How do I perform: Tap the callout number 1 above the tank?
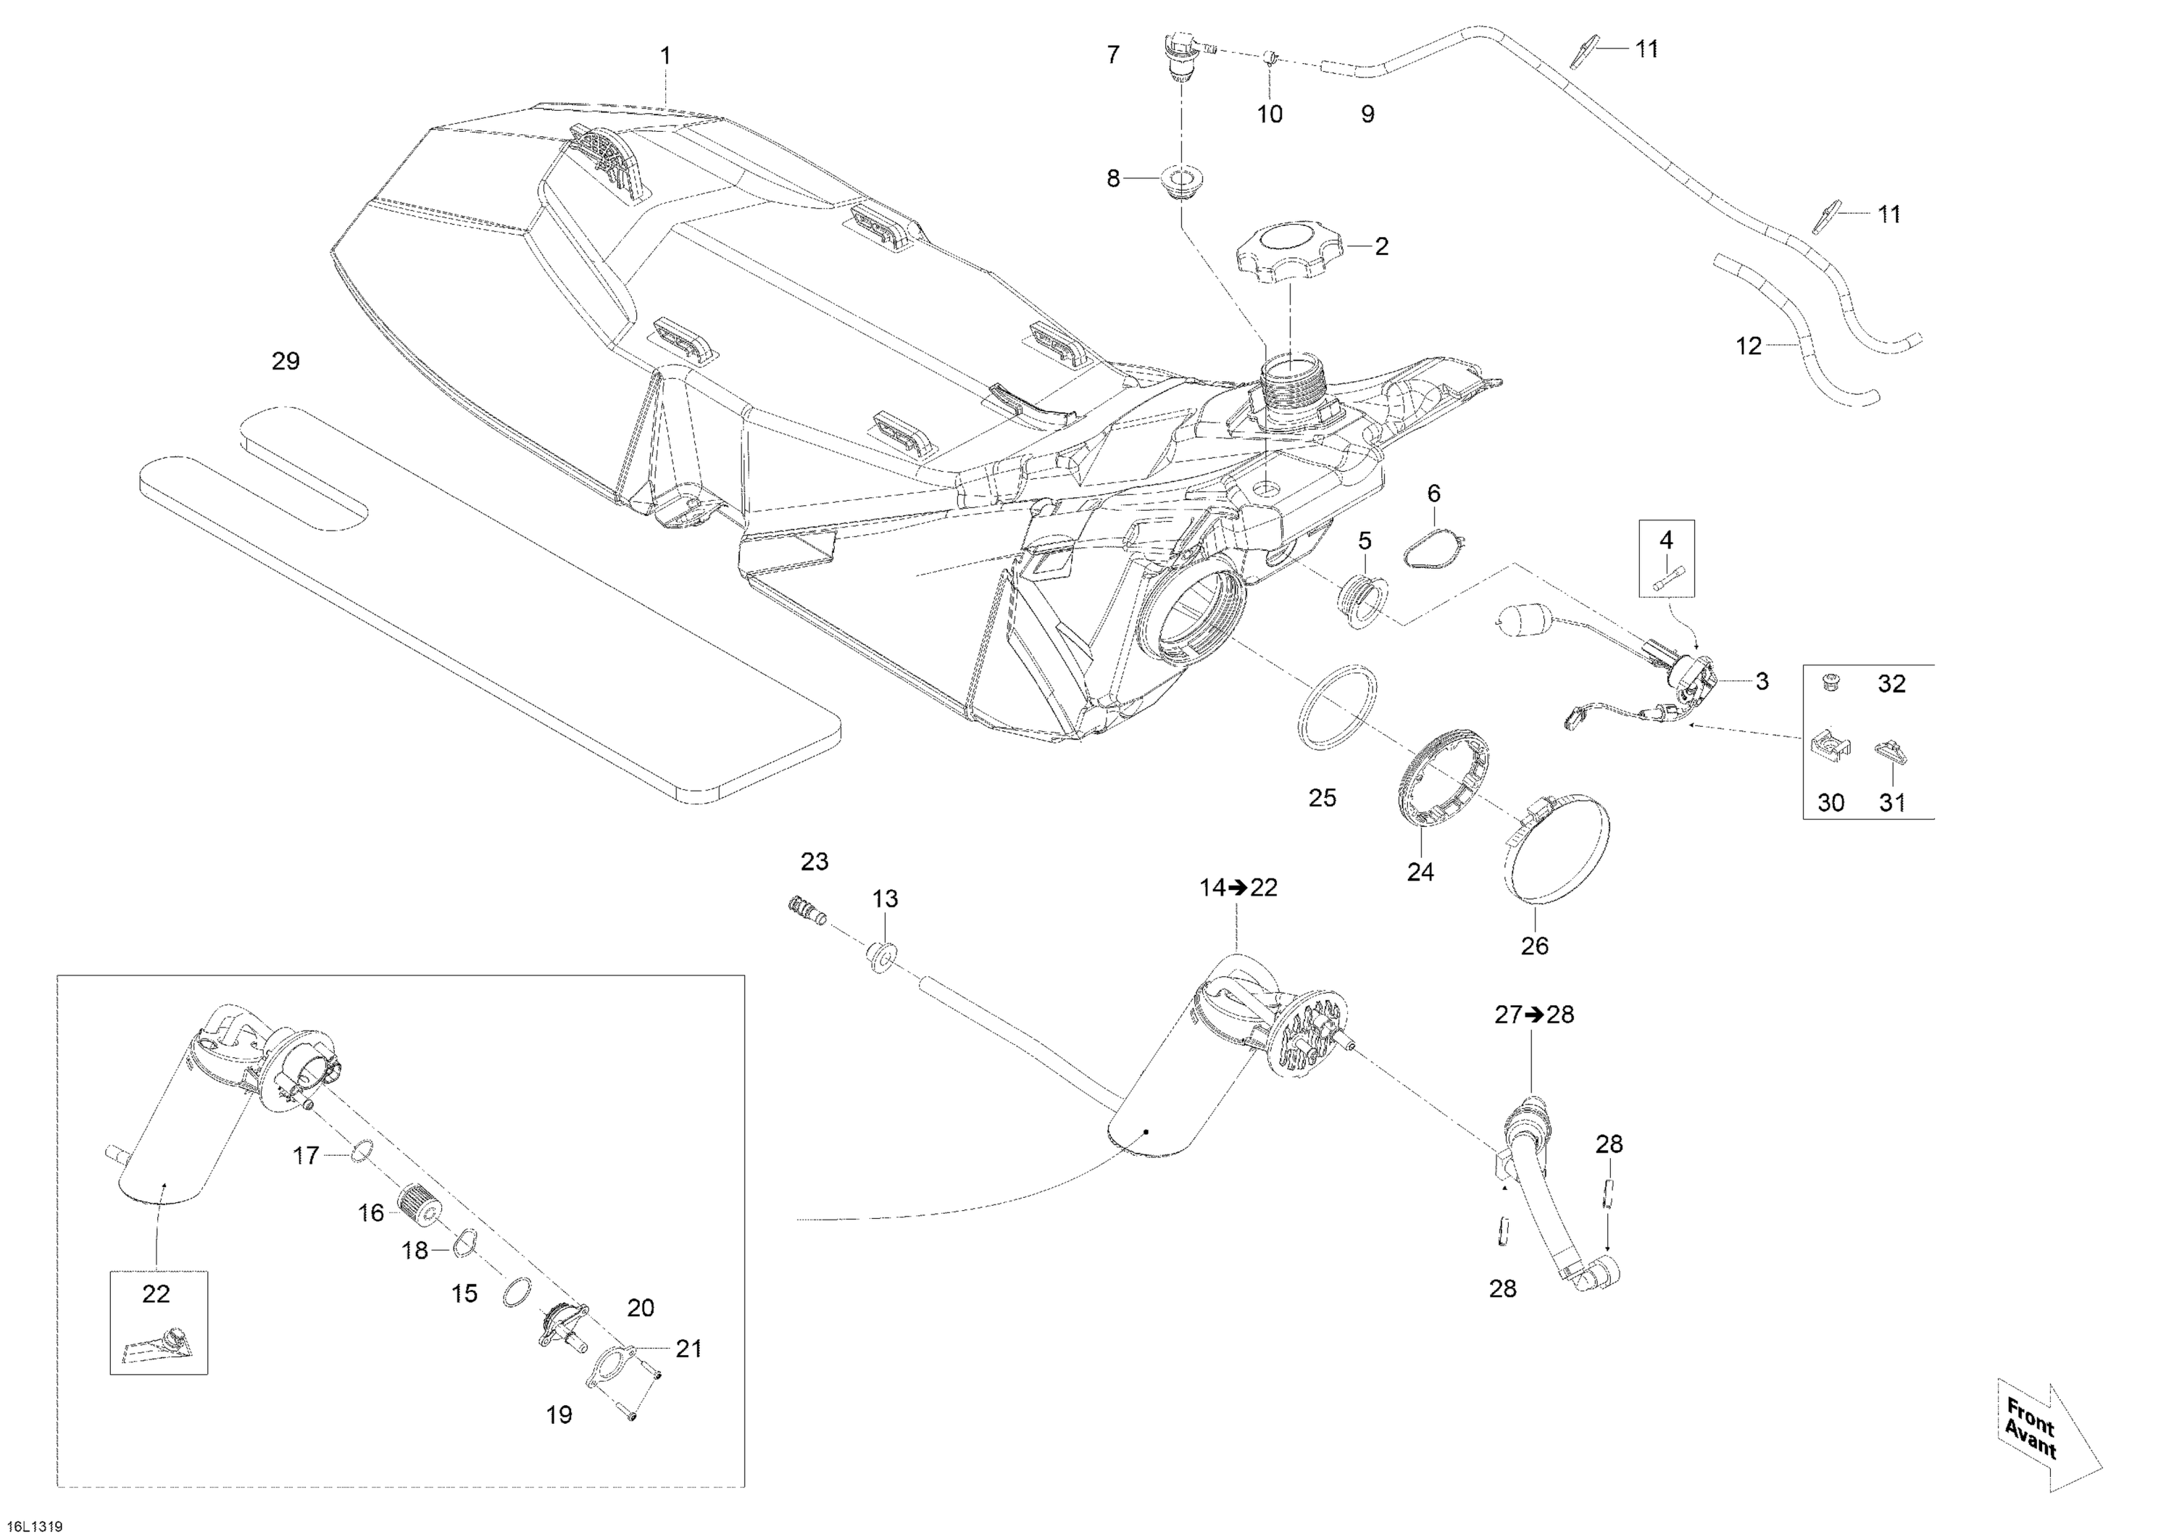[x=666, y=57]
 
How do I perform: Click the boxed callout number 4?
[x=1667, y=541]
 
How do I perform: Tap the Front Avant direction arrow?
[x=2048, y=1446]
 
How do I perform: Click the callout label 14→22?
[x=1238, y=888]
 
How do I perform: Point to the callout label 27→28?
[x=1534, y=1015]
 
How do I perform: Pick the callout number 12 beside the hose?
[x=1748, y=346]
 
